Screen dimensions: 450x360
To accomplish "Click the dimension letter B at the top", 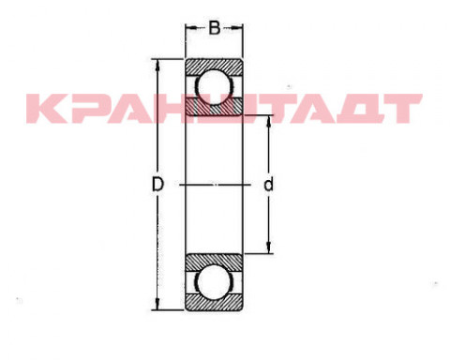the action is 215,28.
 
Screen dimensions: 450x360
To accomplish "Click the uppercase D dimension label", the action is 157,185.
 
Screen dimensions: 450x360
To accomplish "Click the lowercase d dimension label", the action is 268,185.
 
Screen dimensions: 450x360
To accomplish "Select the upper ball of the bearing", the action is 215,86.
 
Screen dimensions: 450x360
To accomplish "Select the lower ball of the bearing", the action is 214,282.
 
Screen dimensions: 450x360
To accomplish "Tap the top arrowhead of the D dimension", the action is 157,65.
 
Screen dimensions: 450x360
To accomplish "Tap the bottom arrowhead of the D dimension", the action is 157,304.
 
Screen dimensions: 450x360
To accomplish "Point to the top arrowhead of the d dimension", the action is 268,122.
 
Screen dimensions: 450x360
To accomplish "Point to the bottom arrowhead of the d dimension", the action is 268,247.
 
